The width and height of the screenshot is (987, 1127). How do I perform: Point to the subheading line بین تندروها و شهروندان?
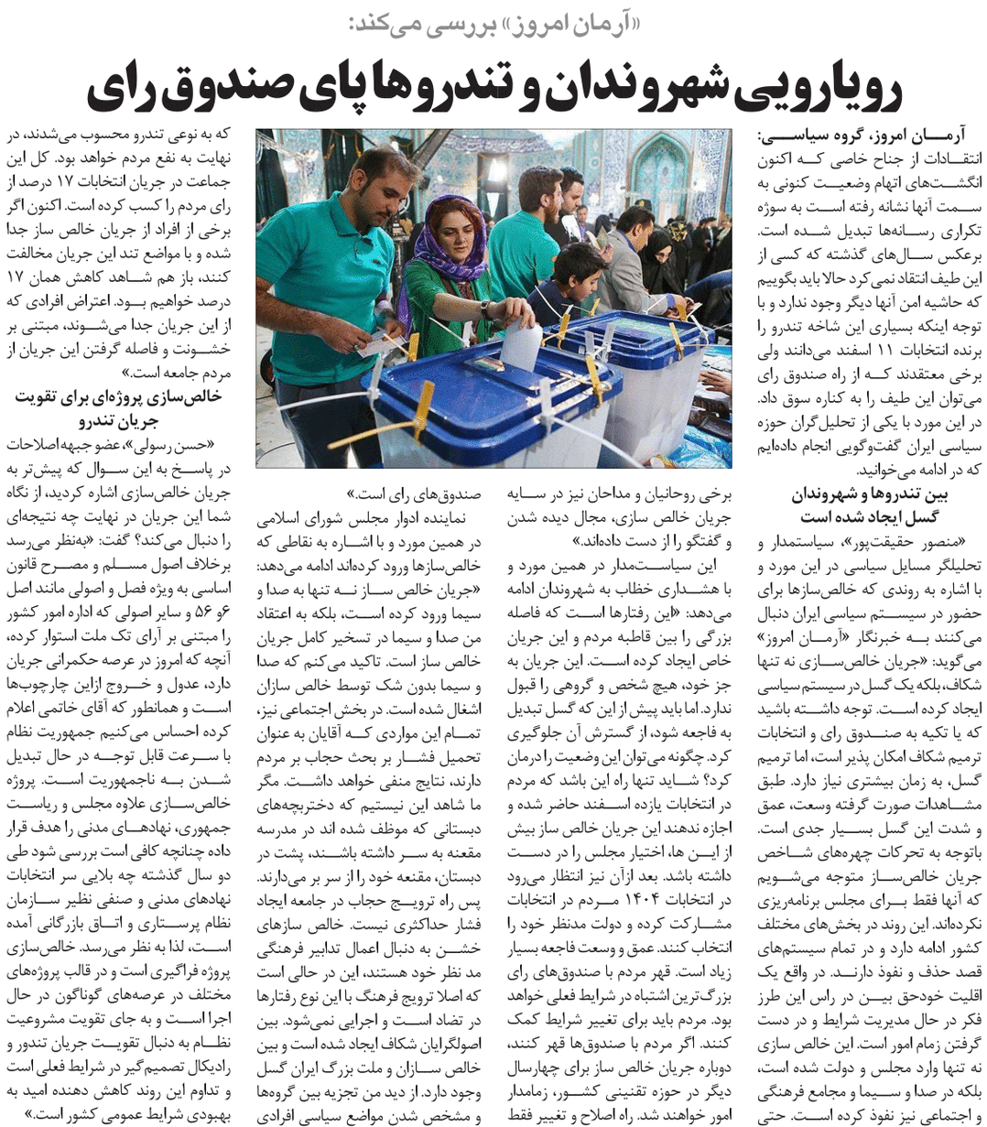[x=869, y=495]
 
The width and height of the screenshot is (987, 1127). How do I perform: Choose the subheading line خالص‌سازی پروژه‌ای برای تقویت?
[x=120, y=397]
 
